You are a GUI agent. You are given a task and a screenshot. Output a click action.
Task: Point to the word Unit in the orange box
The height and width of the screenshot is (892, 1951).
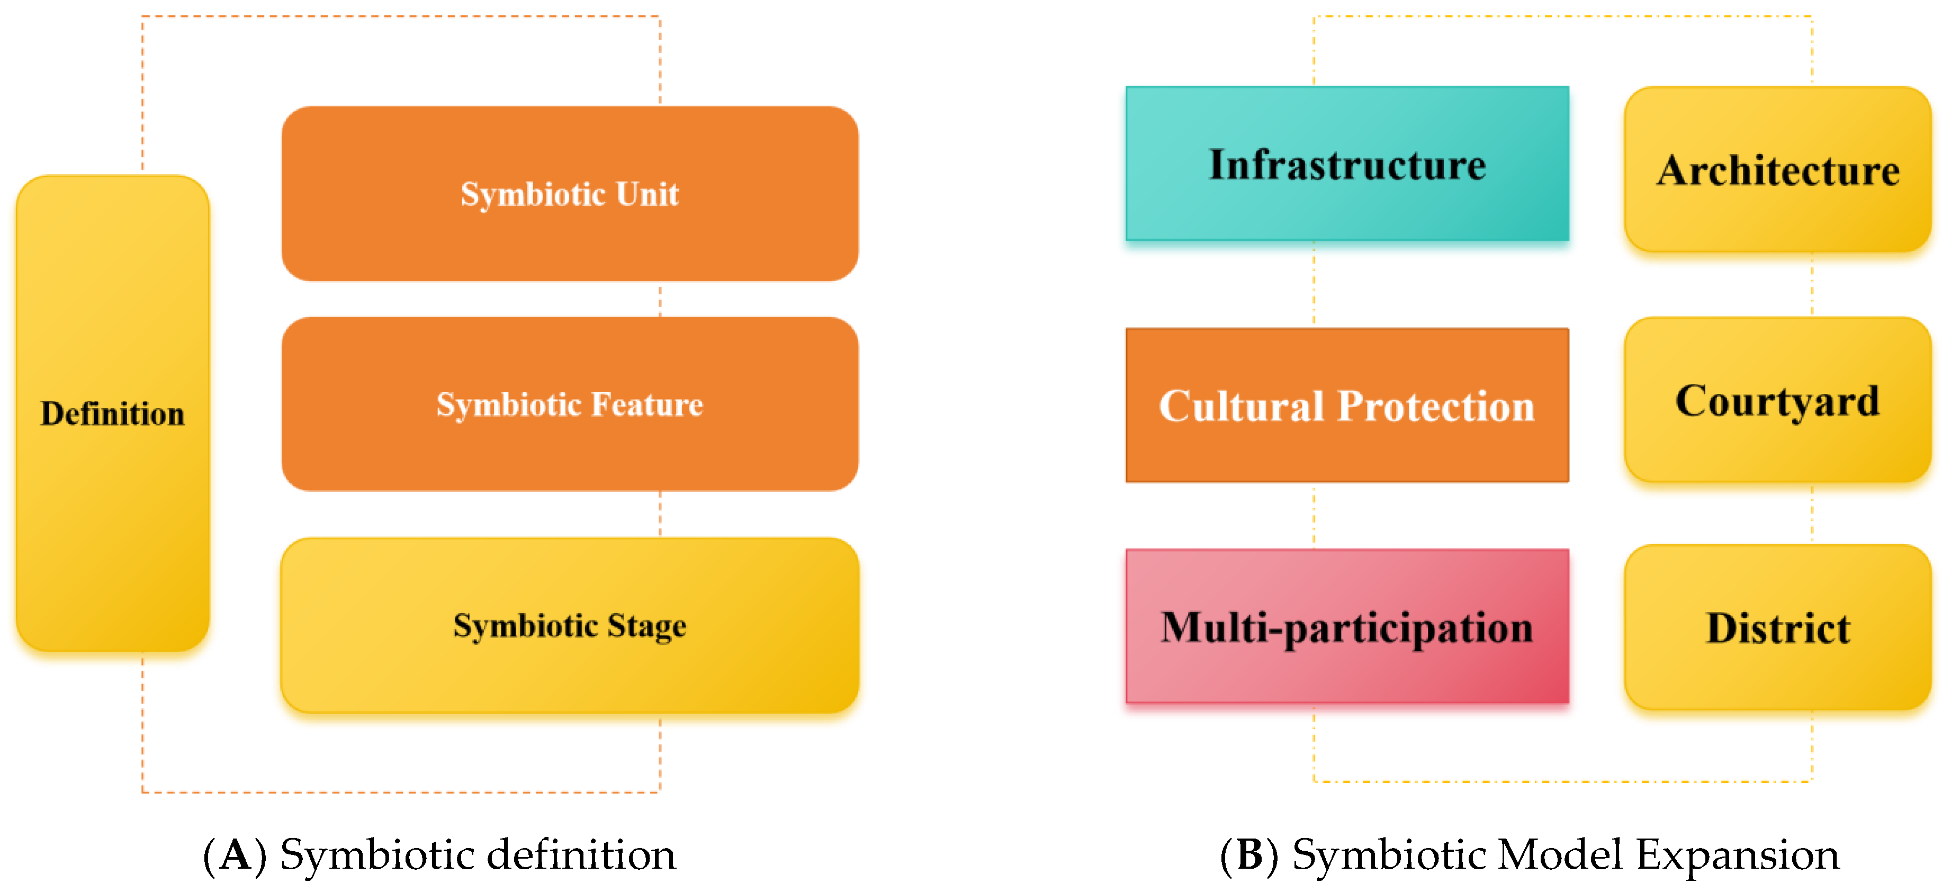(647, 195)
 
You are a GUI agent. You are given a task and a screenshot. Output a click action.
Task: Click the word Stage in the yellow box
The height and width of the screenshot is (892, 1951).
(647, 627)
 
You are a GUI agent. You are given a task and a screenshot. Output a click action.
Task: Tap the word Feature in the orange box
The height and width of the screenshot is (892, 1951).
(647, 405)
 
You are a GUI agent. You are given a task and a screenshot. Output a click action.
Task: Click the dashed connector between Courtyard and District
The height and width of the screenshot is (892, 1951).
(1812, 513)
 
